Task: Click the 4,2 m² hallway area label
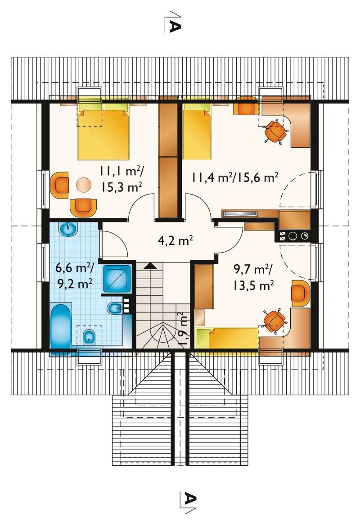(x=175, y=240)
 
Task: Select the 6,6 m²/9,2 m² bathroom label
(x=75, y=276)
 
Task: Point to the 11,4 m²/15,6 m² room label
(x=235, y=177)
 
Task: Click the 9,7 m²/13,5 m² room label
(x=253, y=277)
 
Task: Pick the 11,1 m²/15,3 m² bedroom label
(x=121, y=179)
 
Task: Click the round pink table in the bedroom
(x=83, y=185)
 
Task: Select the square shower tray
(x=117, y=279)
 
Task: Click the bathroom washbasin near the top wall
(x=68, y=229)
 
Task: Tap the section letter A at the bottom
(x=190, y=499)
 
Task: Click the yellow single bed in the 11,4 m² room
(x=197, y=131)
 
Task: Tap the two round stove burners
(x=298, y=236)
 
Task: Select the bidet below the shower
(x=112, y=308)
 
